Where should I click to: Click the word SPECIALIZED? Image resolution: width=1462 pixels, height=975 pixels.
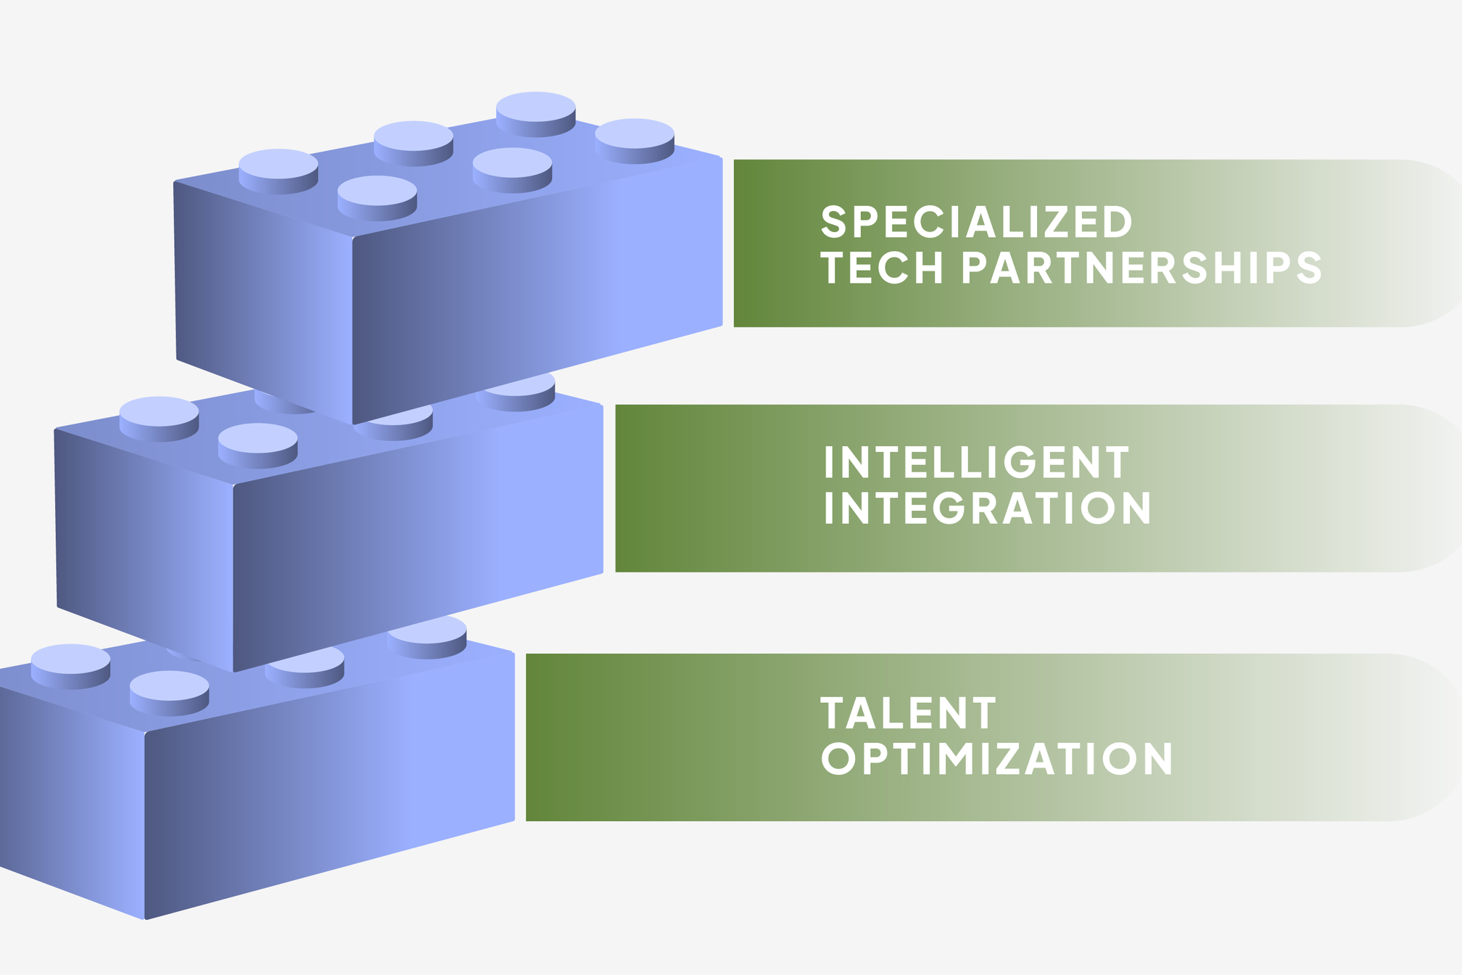[x=976, y=222]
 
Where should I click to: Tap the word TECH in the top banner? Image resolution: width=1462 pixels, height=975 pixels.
[x=882, y=268]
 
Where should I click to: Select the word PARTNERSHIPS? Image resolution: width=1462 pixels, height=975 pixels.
[x=1141, y=268]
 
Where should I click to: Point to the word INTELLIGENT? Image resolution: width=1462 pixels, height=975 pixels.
[x=976, y=463]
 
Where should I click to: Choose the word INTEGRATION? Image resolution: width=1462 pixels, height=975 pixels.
[x=987, y=508]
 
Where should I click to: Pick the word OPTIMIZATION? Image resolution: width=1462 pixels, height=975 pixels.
[x=996, y=759]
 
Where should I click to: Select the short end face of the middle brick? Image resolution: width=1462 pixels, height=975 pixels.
[x=145, y=537]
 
